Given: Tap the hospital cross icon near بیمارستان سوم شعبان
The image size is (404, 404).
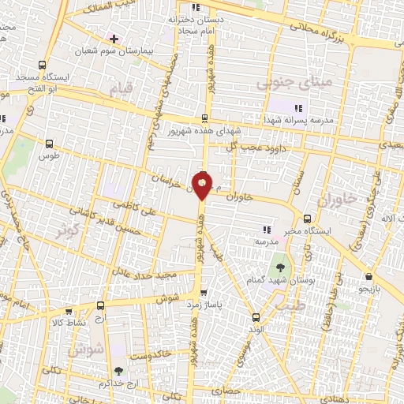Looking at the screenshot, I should point(115,38).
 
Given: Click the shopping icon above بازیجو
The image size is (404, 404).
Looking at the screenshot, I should point(369,277).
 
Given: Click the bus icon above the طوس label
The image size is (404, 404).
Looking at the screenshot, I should point(50,144).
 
